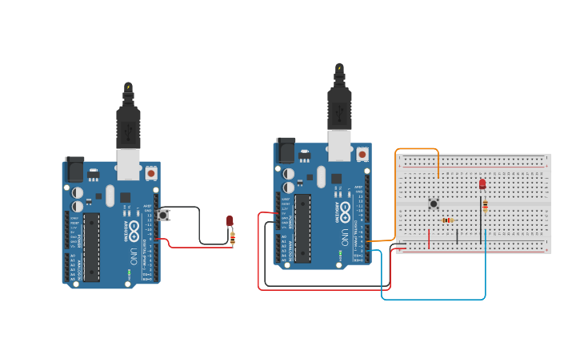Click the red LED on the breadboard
coord(482,184)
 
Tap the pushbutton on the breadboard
coord(434,204)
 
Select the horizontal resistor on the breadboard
coord(447,220)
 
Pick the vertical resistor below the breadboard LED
coord(485,206)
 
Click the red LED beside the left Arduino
coord(230,220)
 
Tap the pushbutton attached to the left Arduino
coord(163,215)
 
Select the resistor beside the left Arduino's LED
coord(233,237)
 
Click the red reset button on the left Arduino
coord(151,172)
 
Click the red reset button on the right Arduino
coord(362,154)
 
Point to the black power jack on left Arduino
coord(74,169)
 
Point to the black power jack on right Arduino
coord(286,150)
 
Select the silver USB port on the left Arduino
coord(128,163)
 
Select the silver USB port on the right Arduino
coord(339,145)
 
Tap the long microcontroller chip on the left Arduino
coord(92,247)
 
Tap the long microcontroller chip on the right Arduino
coord(303,228)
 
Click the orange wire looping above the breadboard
coord(417,149)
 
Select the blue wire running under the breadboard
coord(433,299)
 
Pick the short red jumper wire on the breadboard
coord(429,239)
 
